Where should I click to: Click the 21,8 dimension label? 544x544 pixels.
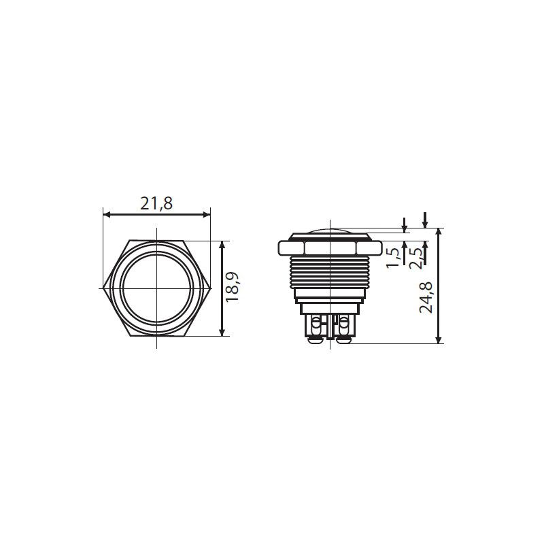[x=156, y=203]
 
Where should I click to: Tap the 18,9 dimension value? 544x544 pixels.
[x=233, y=288]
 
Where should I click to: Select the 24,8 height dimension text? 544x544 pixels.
[x=426, y=298]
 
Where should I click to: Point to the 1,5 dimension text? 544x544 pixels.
[x=393, y=258]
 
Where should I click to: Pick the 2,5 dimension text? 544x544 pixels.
[x=416, y=258]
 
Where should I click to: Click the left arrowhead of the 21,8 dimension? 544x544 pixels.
[x=107, y=215]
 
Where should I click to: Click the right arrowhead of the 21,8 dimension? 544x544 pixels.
[x=207, y=215]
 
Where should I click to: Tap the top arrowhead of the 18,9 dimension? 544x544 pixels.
[x=222, y=245]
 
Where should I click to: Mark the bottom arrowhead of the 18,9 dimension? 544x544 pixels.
[x=222, y=333]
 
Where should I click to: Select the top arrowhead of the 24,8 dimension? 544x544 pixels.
[x=439, y=232]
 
